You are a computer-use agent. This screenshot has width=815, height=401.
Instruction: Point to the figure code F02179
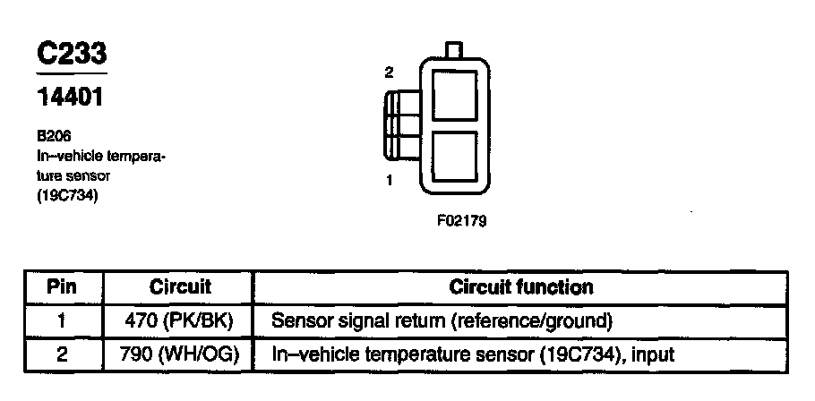click(461, 219)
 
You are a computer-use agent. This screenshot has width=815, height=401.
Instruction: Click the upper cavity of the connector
click(454, 93)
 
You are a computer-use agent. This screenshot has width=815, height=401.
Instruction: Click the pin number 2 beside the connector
click(389, 73)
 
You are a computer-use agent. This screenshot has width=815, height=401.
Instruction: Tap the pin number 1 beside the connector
click(390, 180)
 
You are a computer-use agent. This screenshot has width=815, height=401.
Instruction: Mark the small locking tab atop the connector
click(454, 50)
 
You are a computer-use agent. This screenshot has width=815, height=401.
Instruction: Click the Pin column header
click(62, 287)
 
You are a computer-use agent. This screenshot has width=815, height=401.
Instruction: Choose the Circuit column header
click(179, 287)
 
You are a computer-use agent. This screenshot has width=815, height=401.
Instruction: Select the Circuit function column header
click(520, 287)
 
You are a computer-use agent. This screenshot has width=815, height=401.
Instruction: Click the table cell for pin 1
click(62, 320)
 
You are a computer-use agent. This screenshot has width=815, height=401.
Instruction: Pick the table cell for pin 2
click(62, 355)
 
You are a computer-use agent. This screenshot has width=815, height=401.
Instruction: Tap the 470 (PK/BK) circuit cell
click(179, 320)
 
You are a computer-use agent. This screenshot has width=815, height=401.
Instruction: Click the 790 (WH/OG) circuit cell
click(179, 355)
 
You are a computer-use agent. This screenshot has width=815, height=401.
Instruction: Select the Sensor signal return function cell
click(442, 320)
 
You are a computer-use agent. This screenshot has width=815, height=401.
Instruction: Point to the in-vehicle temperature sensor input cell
click(473, 355)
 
